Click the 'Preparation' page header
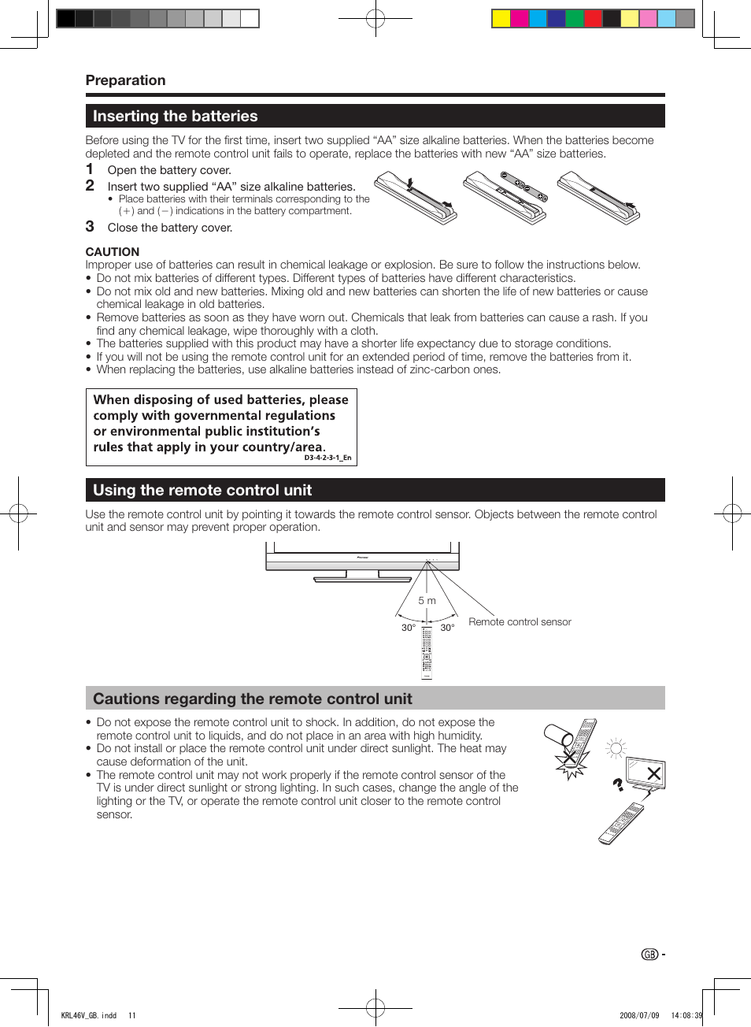(125, 80)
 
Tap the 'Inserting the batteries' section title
(175, 117)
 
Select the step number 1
(90, 169)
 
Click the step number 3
(90, 227)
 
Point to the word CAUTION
(113, 252)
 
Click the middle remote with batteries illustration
(505, 198)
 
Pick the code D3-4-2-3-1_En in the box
(327, 458)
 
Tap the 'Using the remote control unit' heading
(202, 491)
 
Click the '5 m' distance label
(427, 601)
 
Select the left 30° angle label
(409, 628)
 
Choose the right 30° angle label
(447, 628)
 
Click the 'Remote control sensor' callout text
(520, 622)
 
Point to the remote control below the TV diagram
(427, 652)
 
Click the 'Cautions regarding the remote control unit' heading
(253, 699)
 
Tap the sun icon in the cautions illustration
(616, 748)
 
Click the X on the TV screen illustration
(653, 773)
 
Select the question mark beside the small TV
(619, 784)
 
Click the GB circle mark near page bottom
(649, 955)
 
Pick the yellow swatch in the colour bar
(501, 18)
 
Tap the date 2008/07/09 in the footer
(639, 1015)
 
